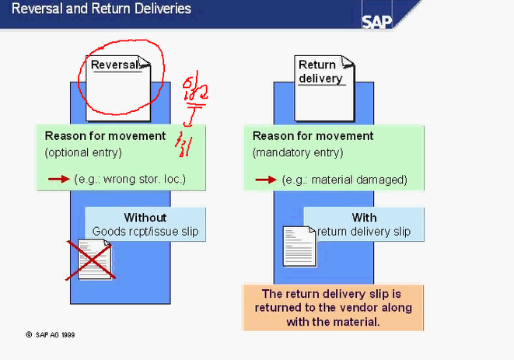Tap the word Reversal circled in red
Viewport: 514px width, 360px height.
pyautogui.click(x=114, y=65)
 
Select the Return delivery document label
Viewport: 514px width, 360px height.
pyautogui.click(x=318, y=71)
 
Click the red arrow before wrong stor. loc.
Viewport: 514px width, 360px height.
pyautogui.click(x=58, y=179)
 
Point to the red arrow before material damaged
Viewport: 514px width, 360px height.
pyautogui.click(x=267, y=179)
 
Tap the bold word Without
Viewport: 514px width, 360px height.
pyautogui.click(x=145, y=217)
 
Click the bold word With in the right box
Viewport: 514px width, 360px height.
pyautogui.click(x=364, y=217)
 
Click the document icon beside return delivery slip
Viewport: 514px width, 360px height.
pyautogui.click(x=295, y=246)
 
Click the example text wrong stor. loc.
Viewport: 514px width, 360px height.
pyautogui.click(x=131, y=180)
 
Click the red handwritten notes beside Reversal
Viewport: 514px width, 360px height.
pyautogui.click(x=187, y=113)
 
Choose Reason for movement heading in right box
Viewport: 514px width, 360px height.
pyautogui.click(x=313, y=136)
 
